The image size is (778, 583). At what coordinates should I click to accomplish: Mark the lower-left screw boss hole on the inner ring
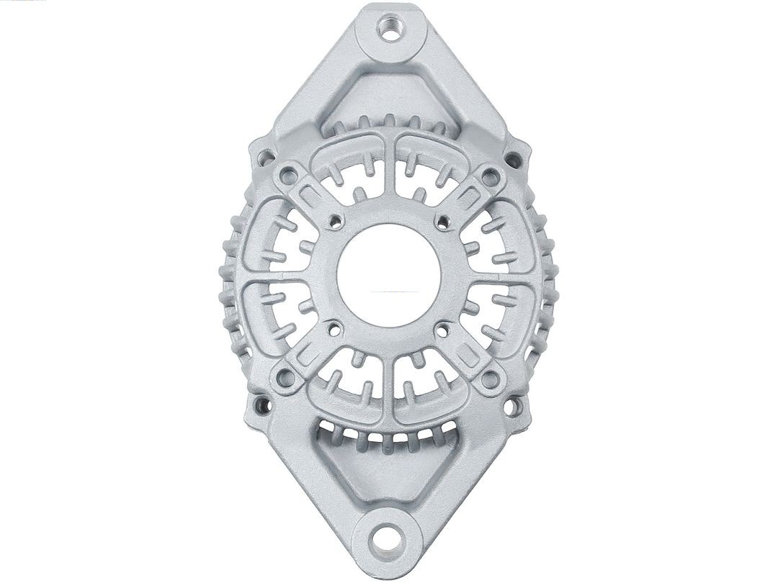(x=287, y=375)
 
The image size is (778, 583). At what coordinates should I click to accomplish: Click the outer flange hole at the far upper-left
(x=265, y=155)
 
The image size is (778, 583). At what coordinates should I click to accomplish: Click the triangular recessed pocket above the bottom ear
(x=389, y=471)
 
